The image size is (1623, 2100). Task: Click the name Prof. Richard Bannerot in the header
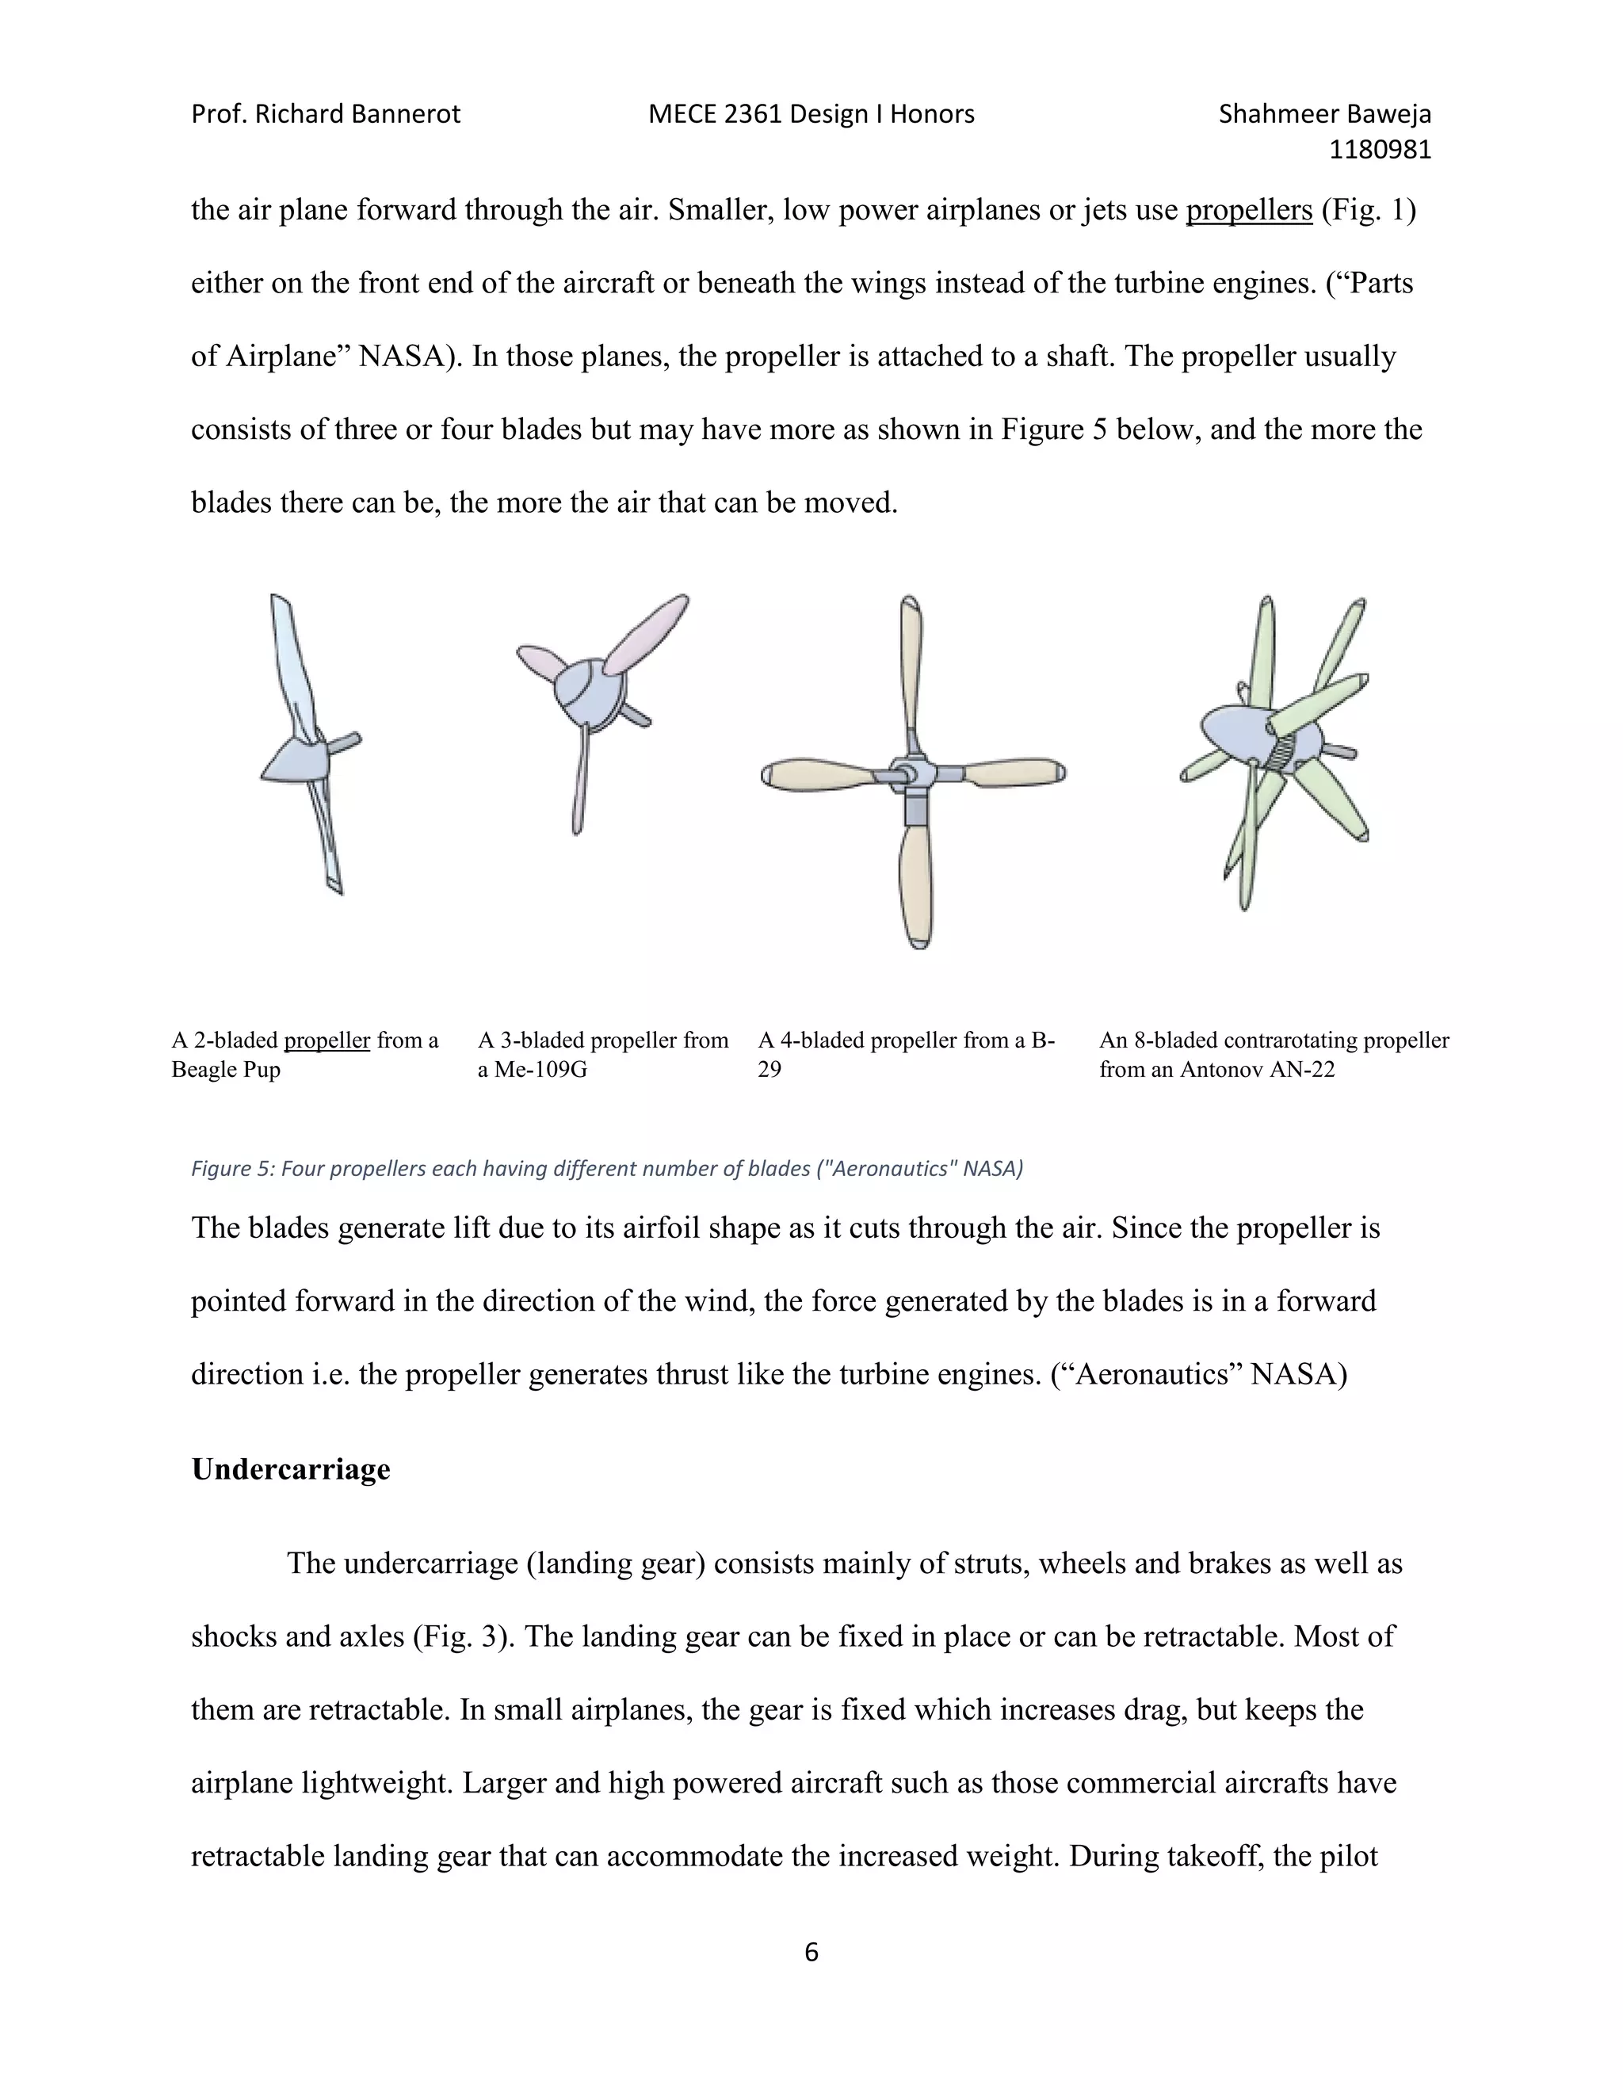325,114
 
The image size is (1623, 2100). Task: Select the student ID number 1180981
1380,150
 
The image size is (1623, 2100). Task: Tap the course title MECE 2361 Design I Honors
811,114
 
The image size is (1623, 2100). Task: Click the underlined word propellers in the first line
1248,210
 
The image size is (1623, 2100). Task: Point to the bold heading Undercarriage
290,1468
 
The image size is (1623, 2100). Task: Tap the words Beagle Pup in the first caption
226,1069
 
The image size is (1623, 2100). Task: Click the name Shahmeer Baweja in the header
1324,114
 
